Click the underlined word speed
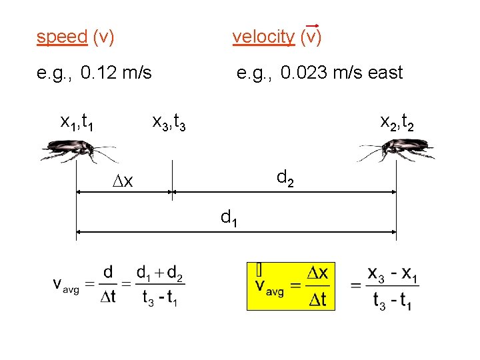click(x=62, y=37)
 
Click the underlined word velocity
click(x=263, y=37)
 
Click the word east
click(x=385, y=72)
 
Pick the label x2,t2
click(x=397, y=122)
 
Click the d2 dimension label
click(x=285, y=178)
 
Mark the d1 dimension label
click(x=230, y=217)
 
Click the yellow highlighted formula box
click(x=290, y=286)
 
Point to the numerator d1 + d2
click(x=161, y=273)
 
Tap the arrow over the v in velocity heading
click(x=311, y=27)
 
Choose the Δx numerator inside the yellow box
click(x=316, y=273)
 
